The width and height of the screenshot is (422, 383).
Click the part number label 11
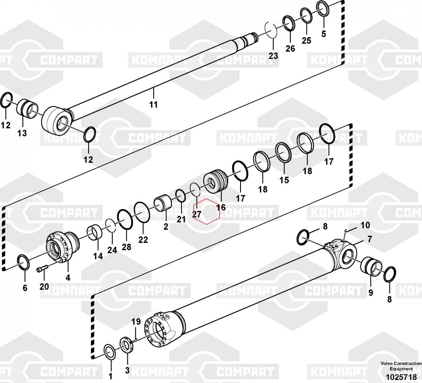click(154, 104)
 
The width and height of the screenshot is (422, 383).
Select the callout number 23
click(273, 56)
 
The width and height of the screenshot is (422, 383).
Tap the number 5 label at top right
click(324, 34)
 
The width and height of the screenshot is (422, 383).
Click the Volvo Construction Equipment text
click(401, 366)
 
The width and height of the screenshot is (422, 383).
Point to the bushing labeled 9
click(371, 266)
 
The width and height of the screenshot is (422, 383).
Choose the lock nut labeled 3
click(126, 345)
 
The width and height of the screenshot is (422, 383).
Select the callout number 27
click(197, 214)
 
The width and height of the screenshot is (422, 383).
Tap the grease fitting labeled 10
click(345, 234)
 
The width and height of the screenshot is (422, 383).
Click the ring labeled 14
click(95, 232)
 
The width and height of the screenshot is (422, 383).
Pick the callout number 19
click(136, 321)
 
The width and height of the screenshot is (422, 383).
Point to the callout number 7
click(370, 239)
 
